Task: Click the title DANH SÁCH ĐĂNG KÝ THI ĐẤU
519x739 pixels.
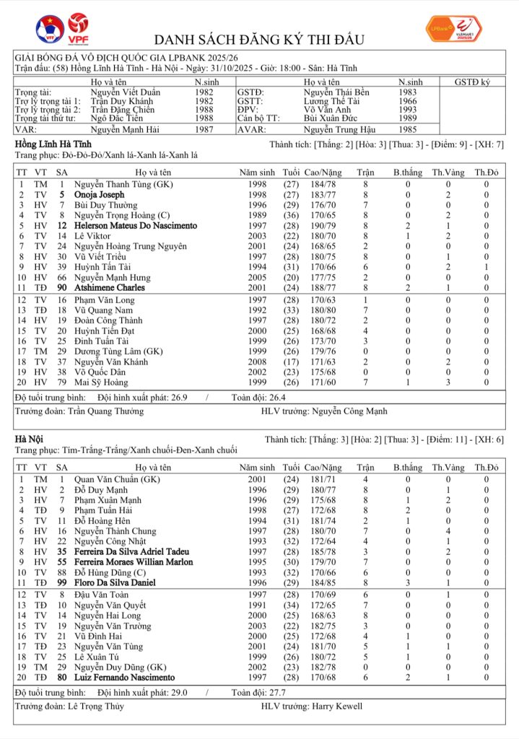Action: [259, 39]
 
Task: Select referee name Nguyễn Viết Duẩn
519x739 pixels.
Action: [126, 92]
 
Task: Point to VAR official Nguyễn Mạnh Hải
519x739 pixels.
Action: [126, 130]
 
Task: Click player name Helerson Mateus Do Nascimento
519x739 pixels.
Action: [136, 226]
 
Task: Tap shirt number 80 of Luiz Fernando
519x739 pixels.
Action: [63, 678]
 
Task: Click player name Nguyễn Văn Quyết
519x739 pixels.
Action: [110, 605]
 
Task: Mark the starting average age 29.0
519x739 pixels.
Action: [177, 692]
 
